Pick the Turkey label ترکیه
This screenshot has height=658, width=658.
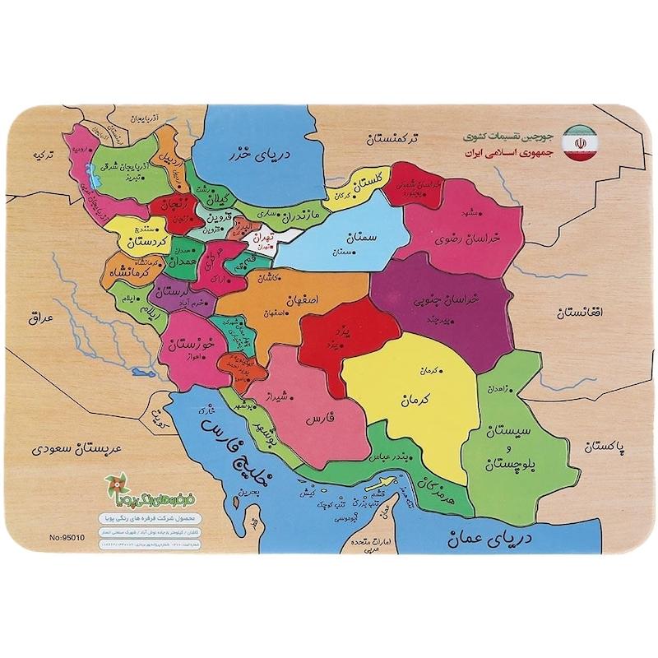[x=35, y=153]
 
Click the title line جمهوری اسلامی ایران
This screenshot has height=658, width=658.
[x=508, y=154]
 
